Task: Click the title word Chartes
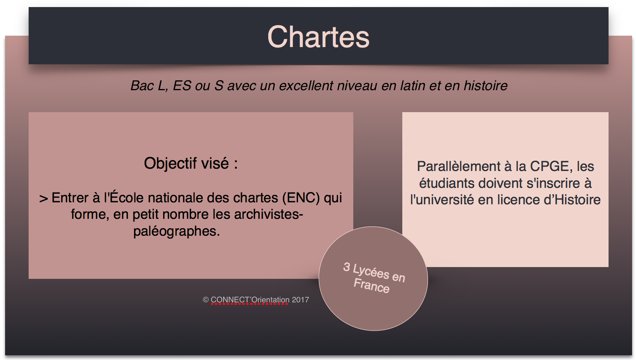(x=318, y=37)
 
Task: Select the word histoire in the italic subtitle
(x=485, y=85)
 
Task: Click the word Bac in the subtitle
(x=142, y=85)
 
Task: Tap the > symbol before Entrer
(x=44, y=198)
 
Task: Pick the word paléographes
(x=176, y=231)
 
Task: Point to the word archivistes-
(x=269, y=215)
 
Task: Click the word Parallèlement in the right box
(x=458, y=166)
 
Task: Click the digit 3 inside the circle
(x=347, y=267)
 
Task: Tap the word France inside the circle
(x=371, y=285)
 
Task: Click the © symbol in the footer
(x=206, y=300)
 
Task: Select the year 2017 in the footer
(x=300, y=300)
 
